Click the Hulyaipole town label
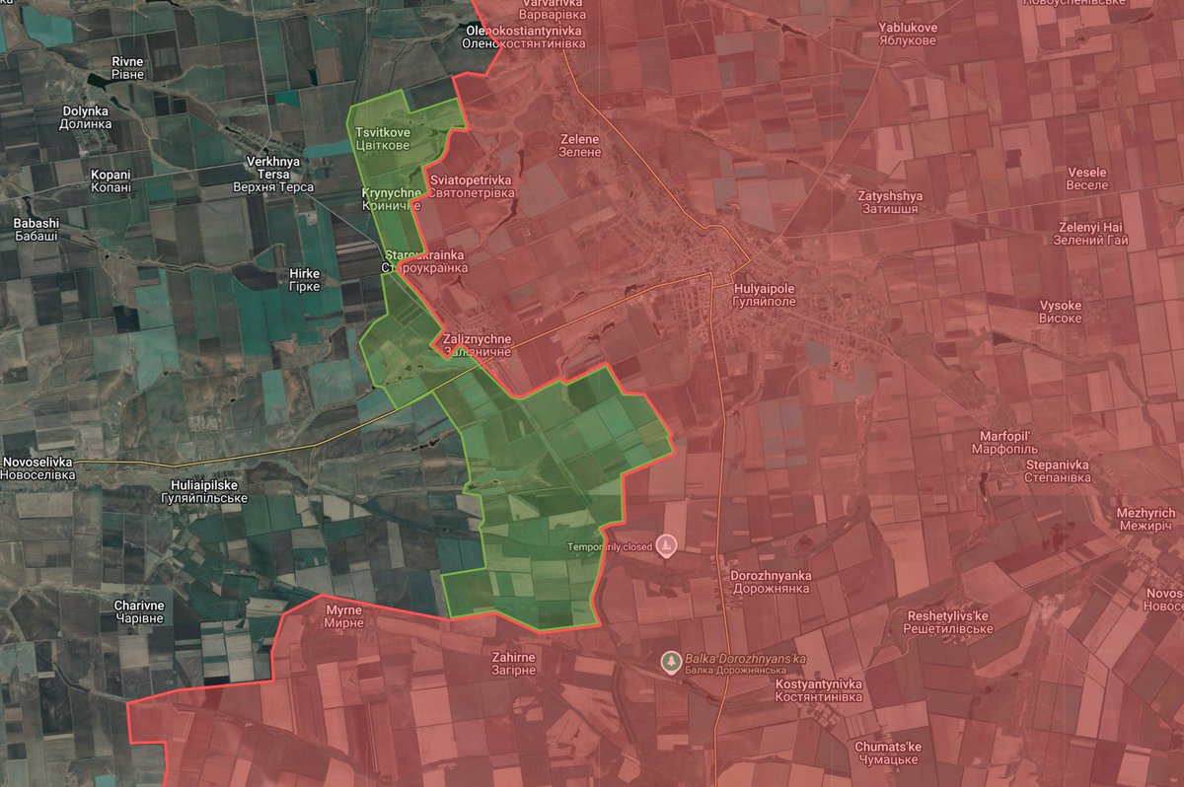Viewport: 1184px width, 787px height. pos(765,294)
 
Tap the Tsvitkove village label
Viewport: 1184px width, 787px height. pos(383,139)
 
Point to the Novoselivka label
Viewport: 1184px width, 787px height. pos(37,468)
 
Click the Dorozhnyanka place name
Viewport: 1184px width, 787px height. pos(772,581)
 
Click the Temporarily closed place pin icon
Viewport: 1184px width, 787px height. pos(667,545)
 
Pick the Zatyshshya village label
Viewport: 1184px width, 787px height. pos(889,202)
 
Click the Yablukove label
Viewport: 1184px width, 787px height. pos(908,35)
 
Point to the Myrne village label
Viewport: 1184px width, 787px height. pos(344,617)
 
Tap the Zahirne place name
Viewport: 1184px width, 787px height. pos(513,663)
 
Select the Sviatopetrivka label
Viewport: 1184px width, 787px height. pos(472,186)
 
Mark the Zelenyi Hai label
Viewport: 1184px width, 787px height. pos(1089,234)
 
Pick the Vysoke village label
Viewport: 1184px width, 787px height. pos(1060,312)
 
